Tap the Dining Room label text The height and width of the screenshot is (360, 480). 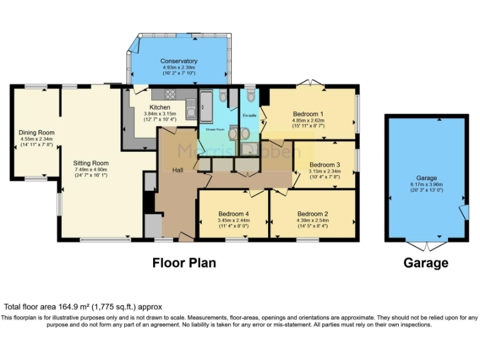pyautogui.click(x=36, y=132)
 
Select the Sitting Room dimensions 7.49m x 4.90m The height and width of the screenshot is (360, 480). pyautogui.click(x=91, y=176)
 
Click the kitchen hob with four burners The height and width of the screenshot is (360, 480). pyautogui.click(x=169, y=95)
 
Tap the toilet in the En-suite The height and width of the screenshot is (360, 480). pyautogui.click(x=251, y=96)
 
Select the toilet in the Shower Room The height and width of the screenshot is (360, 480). pyautogui.click(x=223, y=96)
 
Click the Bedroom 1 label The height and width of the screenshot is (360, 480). pyautogui.click(x=307, y=114)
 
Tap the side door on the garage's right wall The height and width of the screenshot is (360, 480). pyautogui.click(x=463, y=212)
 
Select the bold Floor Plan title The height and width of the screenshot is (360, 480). pyautogui.click(x=184, y=263)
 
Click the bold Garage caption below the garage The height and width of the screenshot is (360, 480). pyautogui.click(x=426, y=263)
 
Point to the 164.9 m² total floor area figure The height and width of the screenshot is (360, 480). pyautogui.click(x=71, y=307)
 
